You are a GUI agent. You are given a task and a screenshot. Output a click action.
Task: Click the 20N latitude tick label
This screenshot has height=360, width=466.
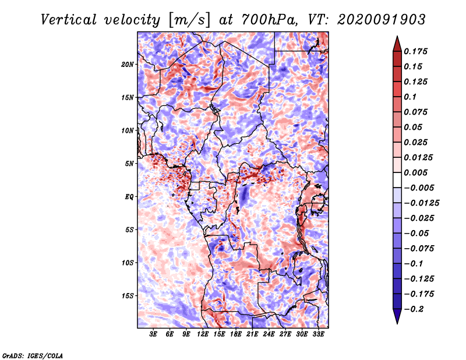(128, 65)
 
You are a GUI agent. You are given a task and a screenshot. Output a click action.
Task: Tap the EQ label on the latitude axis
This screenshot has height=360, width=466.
(129, 197)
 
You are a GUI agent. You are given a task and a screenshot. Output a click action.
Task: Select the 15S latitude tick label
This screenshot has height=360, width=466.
(128, 296)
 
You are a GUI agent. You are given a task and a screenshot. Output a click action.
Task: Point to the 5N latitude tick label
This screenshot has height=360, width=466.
(129, 164)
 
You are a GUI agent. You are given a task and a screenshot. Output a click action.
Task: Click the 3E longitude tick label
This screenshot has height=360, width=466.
(153, 334)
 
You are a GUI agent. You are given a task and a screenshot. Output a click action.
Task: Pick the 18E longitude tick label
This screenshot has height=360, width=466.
(236, 334)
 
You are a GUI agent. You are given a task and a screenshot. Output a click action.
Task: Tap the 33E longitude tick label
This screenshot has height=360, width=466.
(318, 334)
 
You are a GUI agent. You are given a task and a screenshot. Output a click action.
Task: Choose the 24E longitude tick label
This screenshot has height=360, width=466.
(269, 334)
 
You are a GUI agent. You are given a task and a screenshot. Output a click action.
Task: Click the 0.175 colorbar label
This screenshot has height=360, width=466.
(415, 51)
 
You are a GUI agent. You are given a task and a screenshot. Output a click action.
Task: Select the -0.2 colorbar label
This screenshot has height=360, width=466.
(414, 309)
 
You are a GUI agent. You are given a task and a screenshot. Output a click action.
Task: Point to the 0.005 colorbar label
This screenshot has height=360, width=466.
(415, 172)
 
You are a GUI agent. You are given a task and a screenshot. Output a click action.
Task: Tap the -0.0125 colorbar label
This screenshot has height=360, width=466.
(421, 203)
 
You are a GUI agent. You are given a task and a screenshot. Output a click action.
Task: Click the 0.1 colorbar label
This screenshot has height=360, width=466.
(410, 97)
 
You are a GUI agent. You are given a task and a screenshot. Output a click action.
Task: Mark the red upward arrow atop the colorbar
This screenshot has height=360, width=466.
(397, 44)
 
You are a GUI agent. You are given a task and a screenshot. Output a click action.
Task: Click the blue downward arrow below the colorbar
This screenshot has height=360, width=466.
(397, 316)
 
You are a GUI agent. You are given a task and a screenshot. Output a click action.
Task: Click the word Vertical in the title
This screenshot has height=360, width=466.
(69, 20)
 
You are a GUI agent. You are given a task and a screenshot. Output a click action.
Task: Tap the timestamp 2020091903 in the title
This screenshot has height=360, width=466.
(382, 20)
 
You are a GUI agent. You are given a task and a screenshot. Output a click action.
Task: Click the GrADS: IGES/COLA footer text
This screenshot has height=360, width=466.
(33, 356)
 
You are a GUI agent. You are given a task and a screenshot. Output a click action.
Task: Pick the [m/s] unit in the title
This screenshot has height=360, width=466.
(189, 20)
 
